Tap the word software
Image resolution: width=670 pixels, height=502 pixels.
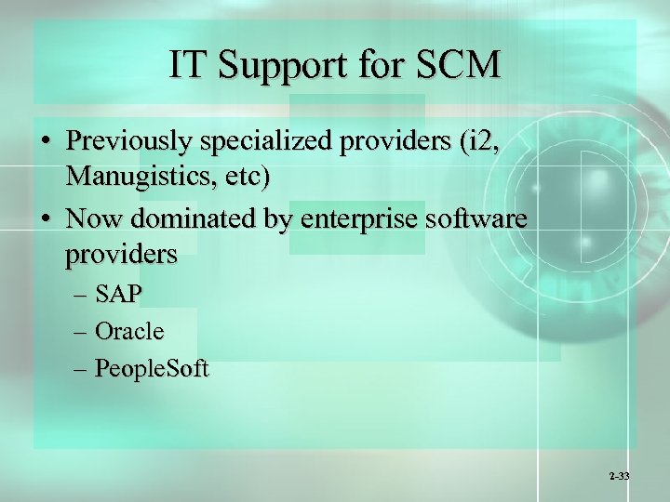pos(478,220)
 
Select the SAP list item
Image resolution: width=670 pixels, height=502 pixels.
pos(117,295)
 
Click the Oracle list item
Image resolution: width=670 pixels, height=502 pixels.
pos(129,331)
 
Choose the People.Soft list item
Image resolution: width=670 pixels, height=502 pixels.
pos(153,369)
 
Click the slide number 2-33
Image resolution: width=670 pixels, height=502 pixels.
pos(619,476)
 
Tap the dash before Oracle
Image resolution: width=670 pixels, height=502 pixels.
pos(81,332)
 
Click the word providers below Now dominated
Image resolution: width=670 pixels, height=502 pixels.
pos(121,254)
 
